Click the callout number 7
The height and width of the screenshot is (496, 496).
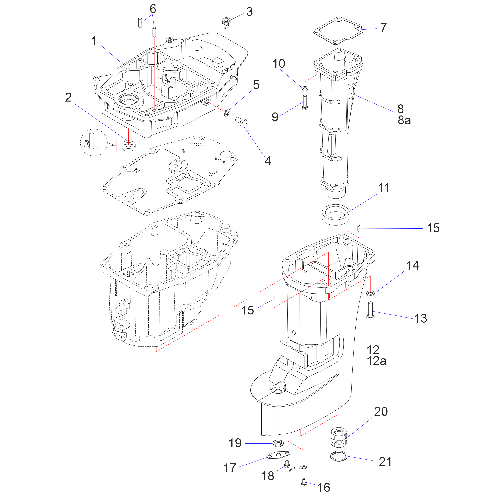383,28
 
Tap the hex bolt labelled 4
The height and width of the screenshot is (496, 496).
241,122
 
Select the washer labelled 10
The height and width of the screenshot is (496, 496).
305,89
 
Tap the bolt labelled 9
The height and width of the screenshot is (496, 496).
305,102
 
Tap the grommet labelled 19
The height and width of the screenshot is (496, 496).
278,443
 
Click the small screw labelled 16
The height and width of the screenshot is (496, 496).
304,482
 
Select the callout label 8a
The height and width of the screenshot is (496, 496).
404,120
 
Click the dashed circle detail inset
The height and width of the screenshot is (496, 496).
94,143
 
